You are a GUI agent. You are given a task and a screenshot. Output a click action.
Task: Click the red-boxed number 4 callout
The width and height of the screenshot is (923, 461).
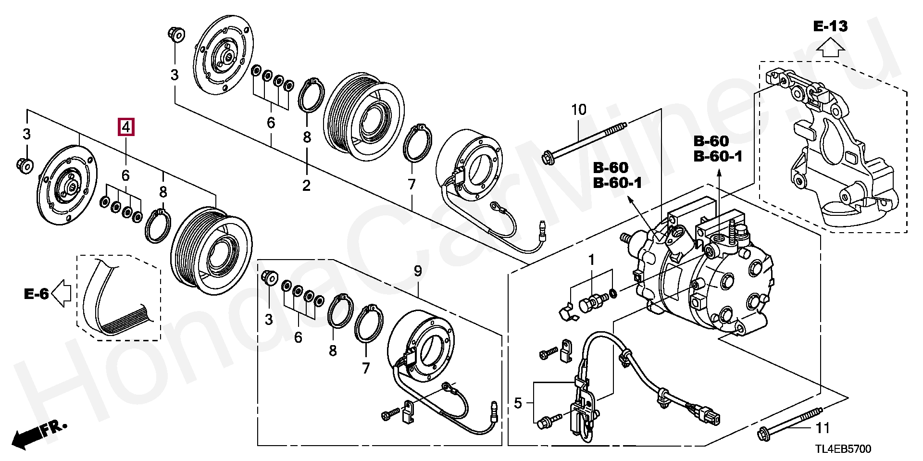click(x=125, y=127)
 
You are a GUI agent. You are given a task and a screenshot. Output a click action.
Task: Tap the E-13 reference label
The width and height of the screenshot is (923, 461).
click(x=830, y=26)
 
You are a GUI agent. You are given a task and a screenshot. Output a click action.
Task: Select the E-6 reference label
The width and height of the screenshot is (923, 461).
click(x=37, y=293)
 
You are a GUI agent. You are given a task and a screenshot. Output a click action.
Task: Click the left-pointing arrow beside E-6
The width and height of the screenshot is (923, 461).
click(x=61, y=293)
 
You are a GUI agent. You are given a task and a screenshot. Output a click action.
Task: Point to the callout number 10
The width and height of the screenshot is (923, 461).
click(x=579, y=110)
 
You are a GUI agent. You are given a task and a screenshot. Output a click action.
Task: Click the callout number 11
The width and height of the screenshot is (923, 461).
click(x=823, y=427)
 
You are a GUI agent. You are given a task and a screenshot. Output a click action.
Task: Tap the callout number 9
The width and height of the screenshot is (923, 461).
click(x=418, y=271)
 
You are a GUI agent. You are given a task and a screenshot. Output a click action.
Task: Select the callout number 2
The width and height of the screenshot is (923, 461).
click(x=306, y=185)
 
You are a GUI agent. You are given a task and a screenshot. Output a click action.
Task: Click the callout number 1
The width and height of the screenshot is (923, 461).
click(x=591, y=260)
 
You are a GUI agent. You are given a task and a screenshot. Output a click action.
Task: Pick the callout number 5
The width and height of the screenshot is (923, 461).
click(x=518, y=403)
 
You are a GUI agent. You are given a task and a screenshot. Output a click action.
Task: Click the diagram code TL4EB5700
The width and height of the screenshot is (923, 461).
click(x=842, y=449)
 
